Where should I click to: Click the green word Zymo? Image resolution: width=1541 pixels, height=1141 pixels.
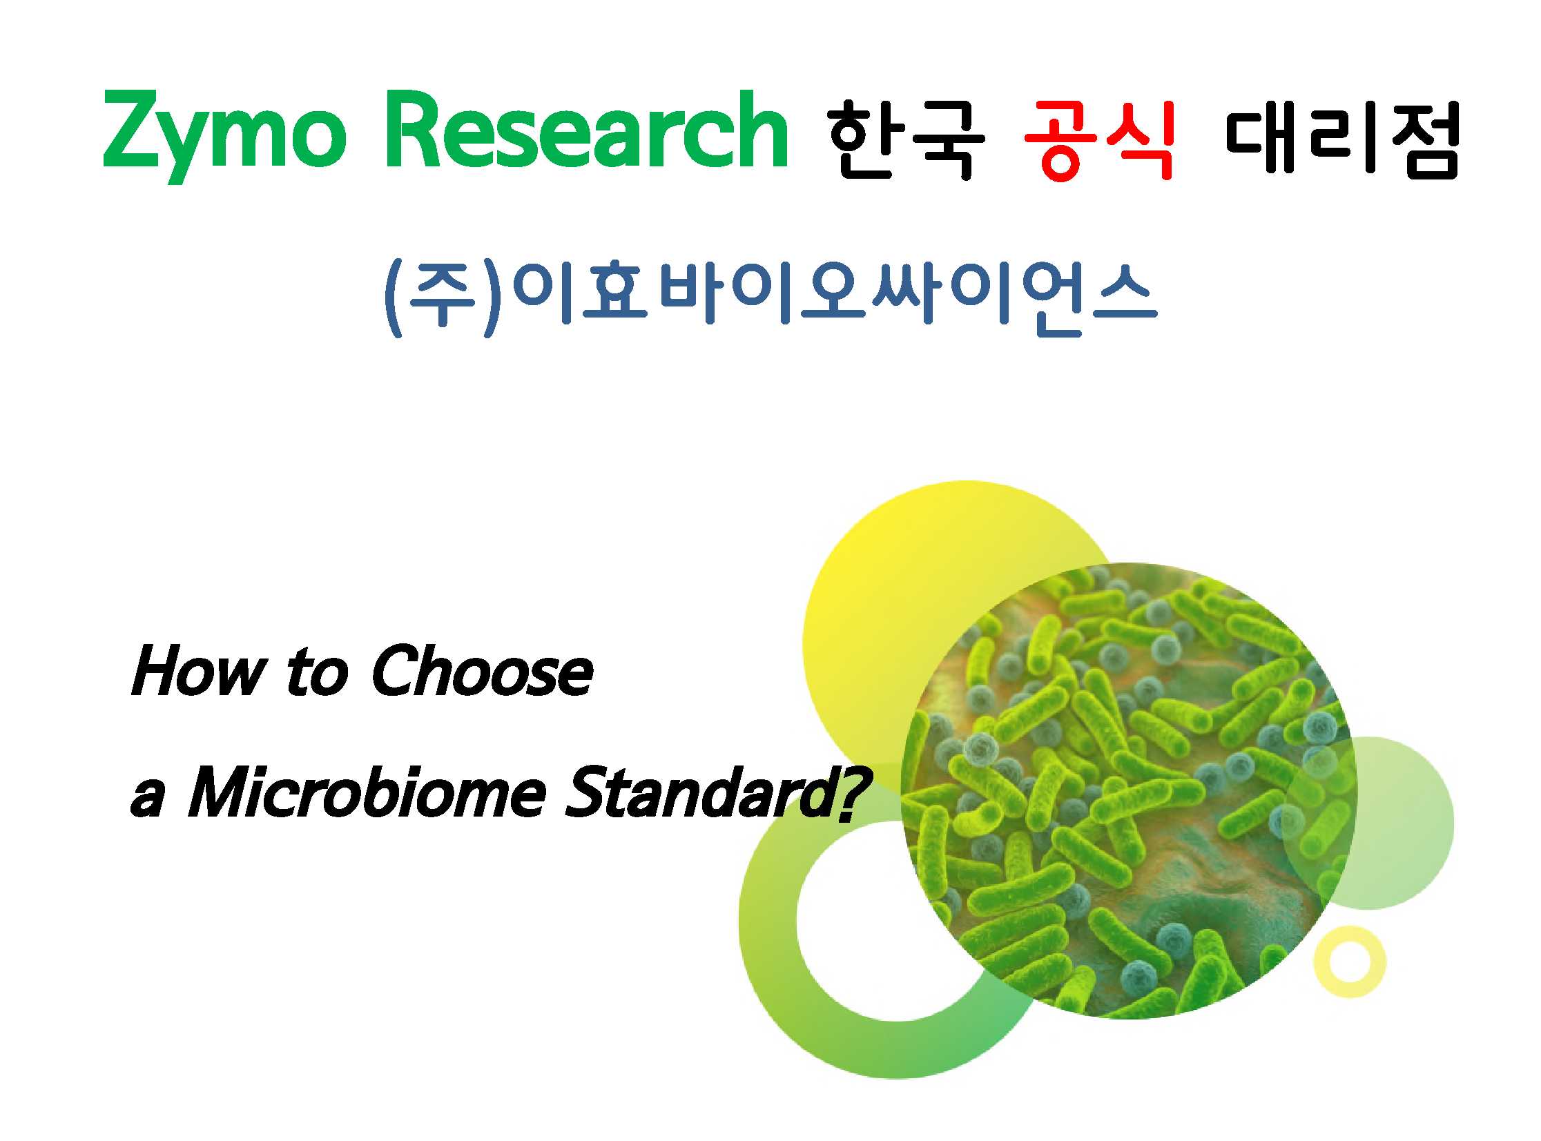(224, 135)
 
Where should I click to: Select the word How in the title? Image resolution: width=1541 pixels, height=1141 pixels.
(198, 670)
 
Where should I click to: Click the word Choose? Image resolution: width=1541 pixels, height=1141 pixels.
(482, 670)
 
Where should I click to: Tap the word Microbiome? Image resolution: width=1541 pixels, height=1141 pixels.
(366, 792)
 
